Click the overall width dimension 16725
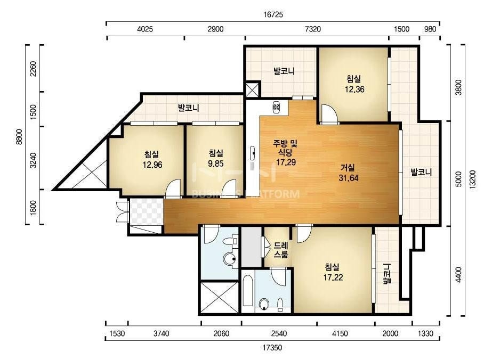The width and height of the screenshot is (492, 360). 273,14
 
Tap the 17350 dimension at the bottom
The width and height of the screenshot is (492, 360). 272,347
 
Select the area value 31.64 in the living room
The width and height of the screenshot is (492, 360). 348,178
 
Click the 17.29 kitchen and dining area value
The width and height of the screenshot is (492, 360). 286,162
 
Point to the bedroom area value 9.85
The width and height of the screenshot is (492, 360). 216,163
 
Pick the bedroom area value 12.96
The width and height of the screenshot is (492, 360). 152,165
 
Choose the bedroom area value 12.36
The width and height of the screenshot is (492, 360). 354,89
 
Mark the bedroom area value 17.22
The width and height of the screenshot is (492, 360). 333,277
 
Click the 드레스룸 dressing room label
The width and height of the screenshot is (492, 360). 281,250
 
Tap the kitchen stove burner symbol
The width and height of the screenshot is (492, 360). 277,107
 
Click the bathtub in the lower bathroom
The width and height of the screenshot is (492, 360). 248,291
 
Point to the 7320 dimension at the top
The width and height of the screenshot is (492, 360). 313,29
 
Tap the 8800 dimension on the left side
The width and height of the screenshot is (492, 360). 19,136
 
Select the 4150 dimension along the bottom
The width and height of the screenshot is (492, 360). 340,333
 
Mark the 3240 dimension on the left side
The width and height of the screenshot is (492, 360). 34,160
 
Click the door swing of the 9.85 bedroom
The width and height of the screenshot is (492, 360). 229,189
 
